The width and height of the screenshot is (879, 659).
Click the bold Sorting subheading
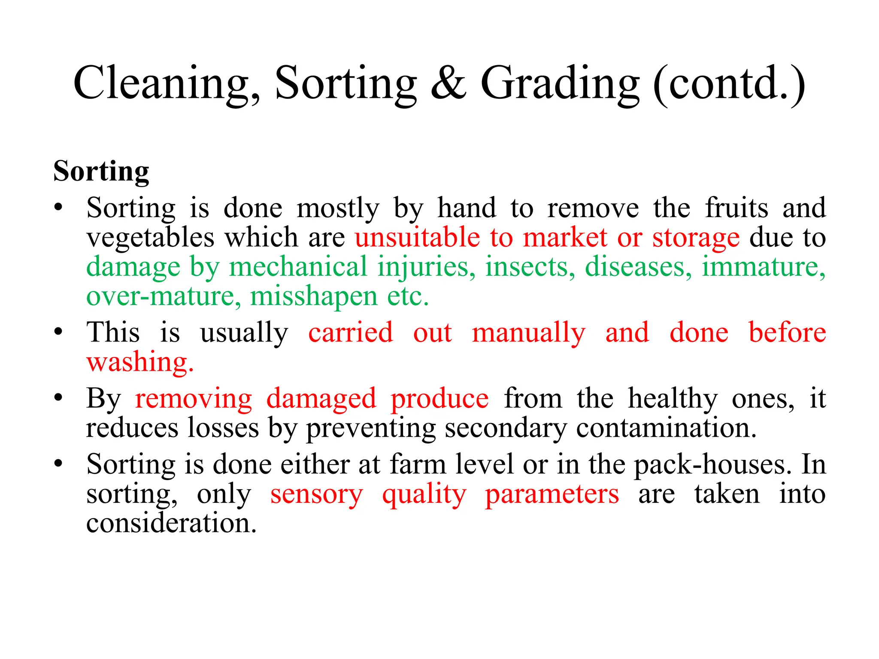click(101, 171)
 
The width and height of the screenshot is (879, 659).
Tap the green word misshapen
click(314, 296)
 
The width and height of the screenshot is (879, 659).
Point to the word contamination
click(666, 428)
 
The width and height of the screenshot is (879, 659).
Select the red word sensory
click(316, 495)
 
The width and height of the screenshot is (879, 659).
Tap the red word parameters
click(552, 495)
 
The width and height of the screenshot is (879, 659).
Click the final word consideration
click(171, 523)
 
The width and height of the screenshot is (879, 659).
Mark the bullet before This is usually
click(58, 332)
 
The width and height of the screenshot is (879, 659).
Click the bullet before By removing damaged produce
click(58, 398)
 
